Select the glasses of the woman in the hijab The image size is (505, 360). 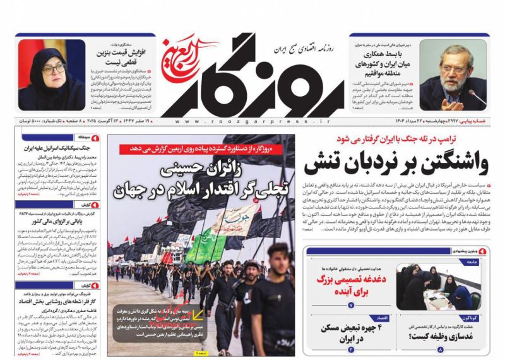54,68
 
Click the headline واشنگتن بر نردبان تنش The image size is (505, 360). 396,165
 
